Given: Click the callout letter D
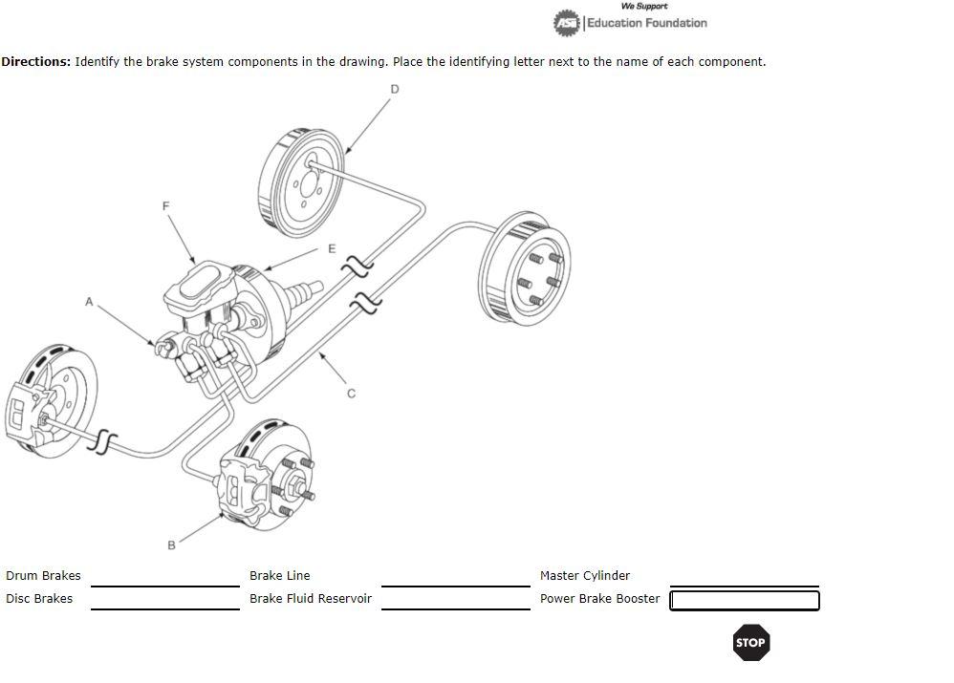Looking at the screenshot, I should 395,89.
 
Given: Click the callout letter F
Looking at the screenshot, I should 165,205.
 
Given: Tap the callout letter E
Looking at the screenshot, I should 332,248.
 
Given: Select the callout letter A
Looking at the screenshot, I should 89,302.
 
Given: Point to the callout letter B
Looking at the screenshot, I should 171,545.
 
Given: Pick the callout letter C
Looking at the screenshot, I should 351,393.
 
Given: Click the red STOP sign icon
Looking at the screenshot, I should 750,643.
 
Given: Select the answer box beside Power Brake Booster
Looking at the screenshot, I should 744,600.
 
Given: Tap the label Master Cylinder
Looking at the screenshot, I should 584,576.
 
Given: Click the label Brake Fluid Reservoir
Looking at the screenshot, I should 310,599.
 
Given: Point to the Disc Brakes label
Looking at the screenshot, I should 39,599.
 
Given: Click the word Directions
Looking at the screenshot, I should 35,62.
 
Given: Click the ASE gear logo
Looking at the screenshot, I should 567,22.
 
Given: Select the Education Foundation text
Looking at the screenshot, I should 646,23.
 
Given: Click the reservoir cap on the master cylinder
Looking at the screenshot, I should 200,281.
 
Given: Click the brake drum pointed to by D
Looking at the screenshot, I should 300,181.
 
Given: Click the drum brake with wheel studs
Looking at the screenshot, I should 526,270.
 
